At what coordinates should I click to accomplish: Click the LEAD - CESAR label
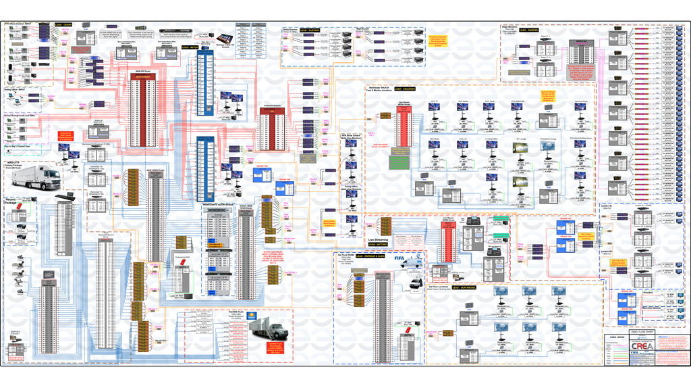(64, 24)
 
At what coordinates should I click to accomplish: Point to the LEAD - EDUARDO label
(405, 89)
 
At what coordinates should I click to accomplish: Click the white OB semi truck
(50, 176)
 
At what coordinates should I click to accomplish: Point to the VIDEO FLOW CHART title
(642, 333)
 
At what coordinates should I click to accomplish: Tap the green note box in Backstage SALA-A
(399, 163)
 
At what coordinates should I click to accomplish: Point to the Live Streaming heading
(381, 239)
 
